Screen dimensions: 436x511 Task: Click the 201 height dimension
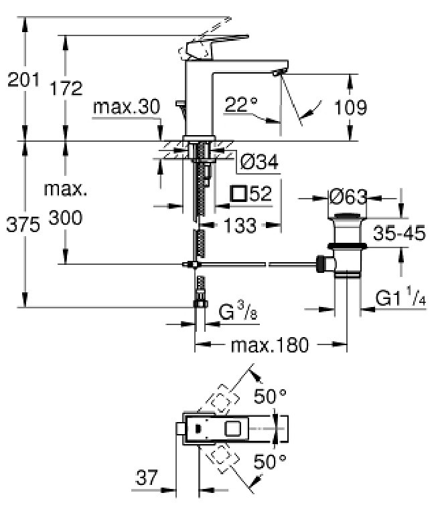click(23, 80)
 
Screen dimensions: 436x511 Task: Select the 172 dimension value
click(66, 88)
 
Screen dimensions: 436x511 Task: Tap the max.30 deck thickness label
click(127, 106)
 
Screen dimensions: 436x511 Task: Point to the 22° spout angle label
click(241, 104)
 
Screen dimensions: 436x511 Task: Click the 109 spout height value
click(351, 107)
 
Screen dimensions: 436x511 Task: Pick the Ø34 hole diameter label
click(259, 162)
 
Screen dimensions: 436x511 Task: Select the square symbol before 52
click(238, 193)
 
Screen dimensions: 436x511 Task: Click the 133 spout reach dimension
click(240, 225)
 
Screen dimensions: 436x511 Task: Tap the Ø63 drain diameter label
click(348, 197)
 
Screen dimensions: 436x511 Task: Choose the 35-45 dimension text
click(399, 233)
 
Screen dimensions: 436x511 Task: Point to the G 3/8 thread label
click(238, 310)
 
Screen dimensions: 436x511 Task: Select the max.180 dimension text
click(269, 345)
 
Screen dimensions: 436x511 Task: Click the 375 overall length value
click(23, 225)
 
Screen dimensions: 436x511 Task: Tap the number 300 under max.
click(66, 217)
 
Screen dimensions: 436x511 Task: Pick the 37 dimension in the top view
click(147, 478)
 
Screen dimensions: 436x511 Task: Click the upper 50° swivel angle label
click(270, 396)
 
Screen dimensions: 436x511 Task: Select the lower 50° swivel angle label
click(270, 462)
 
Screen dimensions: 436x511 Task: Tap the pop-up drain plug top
click(348, 216)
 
